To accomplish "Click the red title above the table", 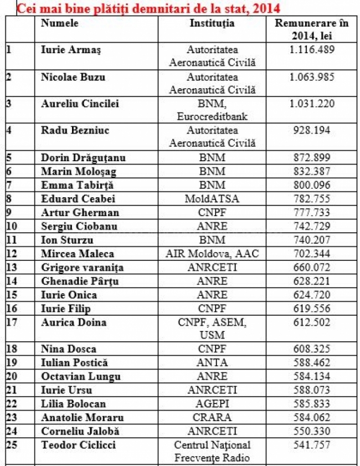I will pos(148,8).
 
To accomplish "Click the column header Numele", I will pos(60,24).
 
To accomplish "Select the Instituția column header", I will pos(212,24).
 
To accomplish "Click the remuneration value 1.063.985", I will pos(312,77).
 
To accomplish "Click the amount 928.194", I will pos(312,130).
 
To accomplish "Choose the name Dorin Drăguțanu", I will pos(83,158).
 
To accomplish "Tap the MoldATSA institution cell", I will pos(212,199).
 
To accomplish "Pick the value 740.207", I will pos(312,239).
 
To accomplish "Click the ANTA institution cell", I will pos(212,362).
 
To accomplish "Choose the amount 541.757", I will pos(312,445).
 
